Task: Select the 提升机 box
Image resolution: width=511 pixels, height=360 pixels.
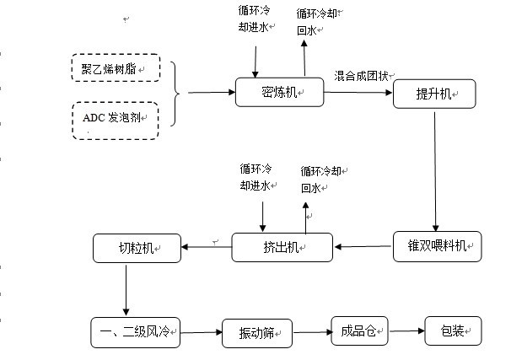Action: tap(434, 94)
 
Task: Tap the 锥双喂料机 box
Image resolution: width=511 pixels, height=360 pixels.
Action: tap(437, 246)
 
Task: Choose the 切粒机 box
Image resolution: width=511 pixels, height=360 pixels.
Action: tap(136, 248)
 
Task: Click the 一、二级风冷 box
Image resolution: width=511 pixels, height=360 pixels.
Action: tap(135, 331)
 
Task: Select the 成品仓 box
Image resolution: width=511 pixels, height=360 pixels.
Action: tap(358, 330)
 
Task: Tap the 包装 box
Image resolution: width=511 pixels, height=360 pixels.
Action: tap(452, 330)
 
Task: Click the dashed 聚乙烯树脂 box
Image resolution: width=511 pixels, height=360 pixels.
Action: tap(115, 67)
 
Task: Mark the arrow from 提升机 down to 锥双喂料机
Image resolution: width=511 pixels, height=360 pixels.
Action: tap(434, 169)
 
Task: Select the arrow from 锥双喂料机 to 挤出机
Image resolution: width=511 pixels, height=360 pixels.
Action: tap(363, 247)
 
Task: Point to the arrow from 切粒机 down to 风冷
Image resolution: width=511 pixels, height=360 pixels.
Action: tap(126, 289)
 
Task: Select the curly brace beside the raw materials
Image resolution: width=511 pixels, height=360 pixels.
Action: tap(176, 93)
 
